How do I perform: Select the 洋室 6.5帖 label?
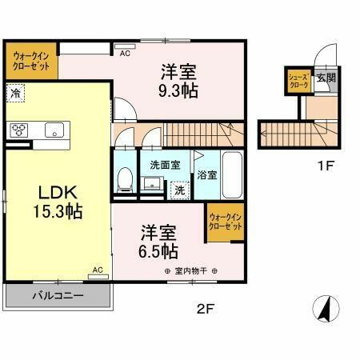[159, 242]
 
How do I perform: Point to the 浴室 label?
[206, 174]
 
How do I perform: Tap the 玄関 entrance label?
[325, 78]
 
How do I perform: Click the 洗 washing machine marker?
[181, 190]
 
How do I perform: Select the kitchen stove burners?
[18, 130]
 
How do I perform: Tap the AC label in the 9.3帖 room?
[125, 54]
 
